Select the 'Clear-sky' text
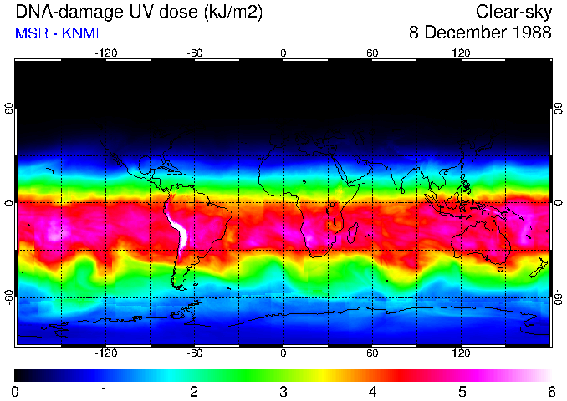(513, 12)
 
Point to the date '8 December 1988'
(480, 33)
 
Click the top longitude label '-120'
(105, 53)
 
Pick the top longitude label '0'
(283, 53)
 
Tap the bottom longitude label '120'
(462, 353)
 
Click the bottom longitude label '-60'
(194, 353)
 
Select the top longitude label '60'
(372, 53)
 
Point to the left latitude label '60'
(9, 109)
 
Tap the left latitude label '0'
(9, 203)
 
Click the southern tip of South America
(179, 287)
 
